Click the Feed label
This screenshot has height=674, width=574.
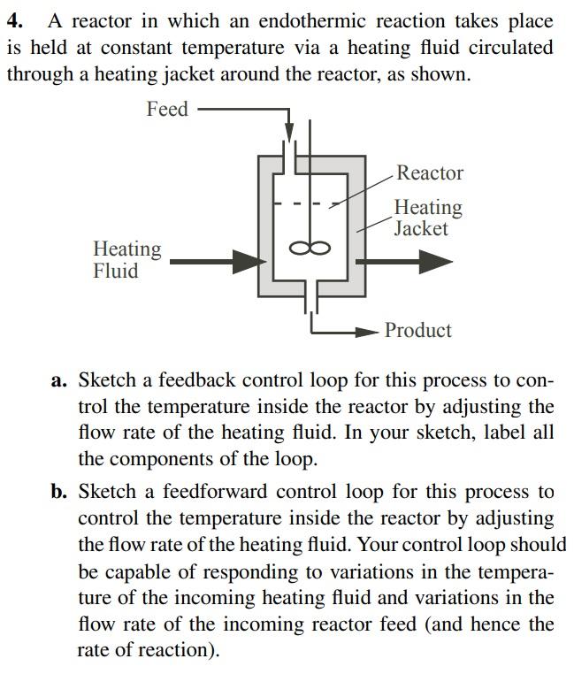tap(167, 109)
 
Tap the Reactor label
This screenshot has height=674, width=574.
tap(429, 172)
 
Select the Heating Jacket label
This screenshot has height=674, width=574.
tap(427, 218)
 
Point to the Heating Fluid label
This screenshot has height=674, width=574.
tap(127, 260)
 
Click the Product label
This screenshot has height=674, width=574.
tap(418, 330)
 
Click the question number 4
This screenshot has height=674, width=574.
tap(13, 20)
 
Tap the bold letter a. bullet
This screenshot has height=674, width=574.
tap(59, 381)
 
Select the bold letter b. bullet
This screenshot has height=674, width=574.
tap(59, 492)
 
